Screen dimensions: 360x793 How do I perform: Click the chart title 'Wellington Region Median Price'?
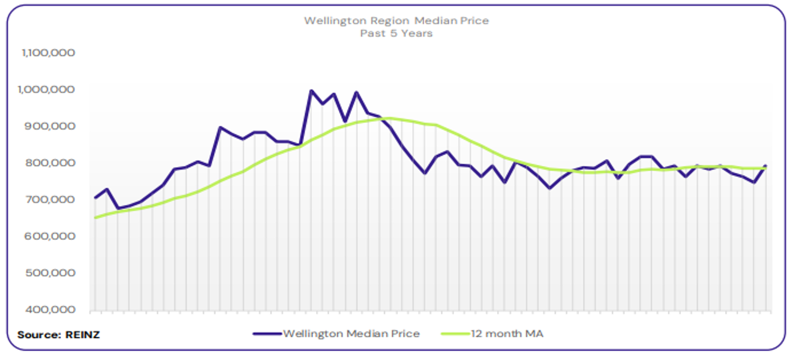coord(396,20)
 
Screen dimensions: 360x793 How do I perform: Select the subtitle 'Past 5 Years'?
coord(396,34)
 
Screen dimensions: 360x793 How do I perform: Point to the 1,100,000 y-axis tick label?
coord(48,53)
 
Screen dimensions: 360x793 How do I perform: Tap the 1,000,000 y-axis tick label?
coord(48,89)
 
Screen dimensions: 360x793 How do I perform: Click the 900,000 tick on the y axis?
coord(52,126)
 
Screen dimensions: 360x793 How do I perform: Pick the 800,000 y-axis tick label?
coord(52,163)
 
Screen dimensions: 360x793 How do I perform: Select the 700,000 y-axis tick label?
coord(52,199)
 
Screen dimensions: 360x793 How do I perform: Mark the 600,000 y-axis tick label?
coord(52,236)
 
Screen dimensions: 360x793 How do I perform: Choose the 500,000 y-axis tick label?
coord(52,273)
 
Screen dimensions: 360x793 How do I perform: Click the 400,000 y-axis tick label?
coord(52,310)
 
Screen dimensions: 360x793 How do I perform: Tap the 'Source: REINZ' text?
coord(58,335)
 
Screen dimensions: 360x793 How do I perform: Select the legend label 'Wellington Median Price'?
coord(351,334)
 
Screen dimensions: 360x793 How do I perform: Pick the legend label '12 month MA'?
coord(507,334)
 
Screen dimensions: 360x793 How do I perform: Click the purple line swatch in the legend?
coord(266,334)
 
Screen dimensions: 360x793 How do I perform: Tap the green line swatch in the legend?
coord(455,334)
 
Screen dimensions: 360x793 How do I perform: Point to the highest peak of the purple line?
coord(311,91)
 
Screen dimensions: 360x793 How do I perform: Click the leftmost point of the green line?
coord(95,217)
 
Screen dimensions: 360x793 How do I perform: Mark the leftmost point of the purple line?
coord(95,197)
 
